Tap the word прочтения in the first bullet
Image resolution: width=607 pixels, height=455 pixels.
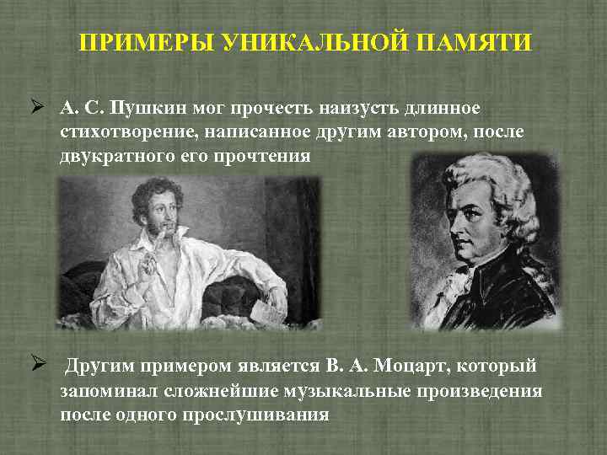click(x=268, y=156)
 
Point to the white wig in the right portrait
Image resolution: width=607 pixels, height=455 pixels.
click(x=497, y=181)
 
